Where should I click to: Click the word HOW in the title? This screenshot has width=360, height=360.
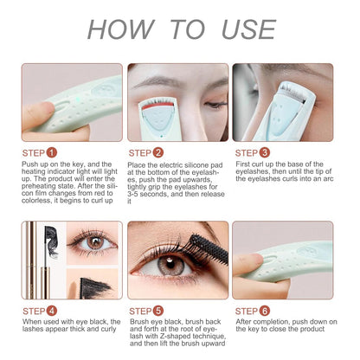121,29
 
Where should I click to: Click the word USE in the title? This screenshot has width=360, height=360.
249,29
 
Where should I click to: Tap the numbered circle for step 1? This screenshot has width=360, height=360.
52,152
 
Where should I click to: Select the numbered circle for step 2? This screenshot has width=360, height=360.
158,152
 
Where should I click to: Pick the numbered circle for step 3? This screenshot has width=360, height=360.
265,152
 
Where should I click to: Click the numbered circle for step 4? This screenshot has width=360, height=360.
52,311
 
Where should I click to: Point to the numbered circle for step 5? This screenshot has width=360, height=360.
158,311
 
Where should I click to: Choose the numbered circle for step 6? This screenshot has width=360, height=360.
265,311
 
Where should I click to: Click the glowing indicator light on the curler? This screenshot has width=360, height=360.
77,100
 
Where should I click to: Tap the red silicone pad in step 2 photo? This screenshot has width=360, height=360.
157,106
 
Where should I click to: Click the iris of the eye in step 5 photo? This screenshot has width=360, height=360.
170,266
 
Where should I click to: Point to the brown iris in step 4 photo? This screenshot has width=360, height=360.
95,242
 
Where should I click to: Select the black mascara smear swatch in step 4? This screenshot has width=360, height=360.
94,287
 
